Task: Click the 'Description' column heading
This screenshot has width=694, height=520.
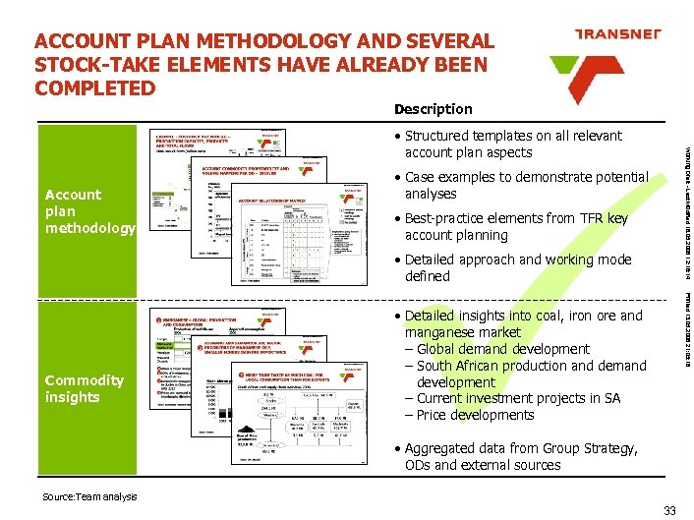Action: point(433,109)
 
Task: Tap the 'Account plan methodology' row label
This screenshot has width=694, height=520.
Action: point(89,211)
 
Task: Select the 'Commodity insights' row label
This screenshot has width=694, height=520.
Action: point(85,388)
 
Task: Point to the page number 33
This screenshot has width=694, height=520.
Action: point(670,509)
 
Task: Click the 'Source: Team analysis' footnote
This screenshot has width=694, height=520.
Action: point(88,497)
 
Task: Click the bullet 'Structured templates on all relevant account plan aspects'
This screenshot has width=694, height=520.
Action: point(513,144)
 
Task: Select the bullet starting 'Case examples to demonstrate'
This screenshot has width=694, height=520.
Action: point(526,186)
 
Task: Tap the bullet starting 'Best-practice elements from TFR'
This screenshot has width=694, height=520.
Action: point(515,227)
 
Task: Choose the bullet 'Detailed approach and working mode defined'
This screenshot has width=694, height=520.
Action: point(517,268)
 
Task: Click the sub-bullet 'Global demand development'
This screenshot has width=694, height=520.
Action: point(501,349)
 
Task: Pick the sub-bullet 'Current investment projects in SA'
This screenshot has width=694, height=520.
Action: point(517,398)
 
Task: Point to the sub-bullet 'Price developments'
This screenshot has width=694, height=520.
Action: point(474,415)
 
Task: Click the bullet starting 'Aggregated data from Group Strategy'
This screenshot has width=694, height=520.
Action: point(520,457)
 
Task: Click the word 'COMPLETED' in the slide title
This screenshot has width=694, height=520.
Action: point(94,87)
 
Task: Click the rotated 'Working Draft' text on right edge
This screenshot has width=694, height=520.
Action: point(683,182)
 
